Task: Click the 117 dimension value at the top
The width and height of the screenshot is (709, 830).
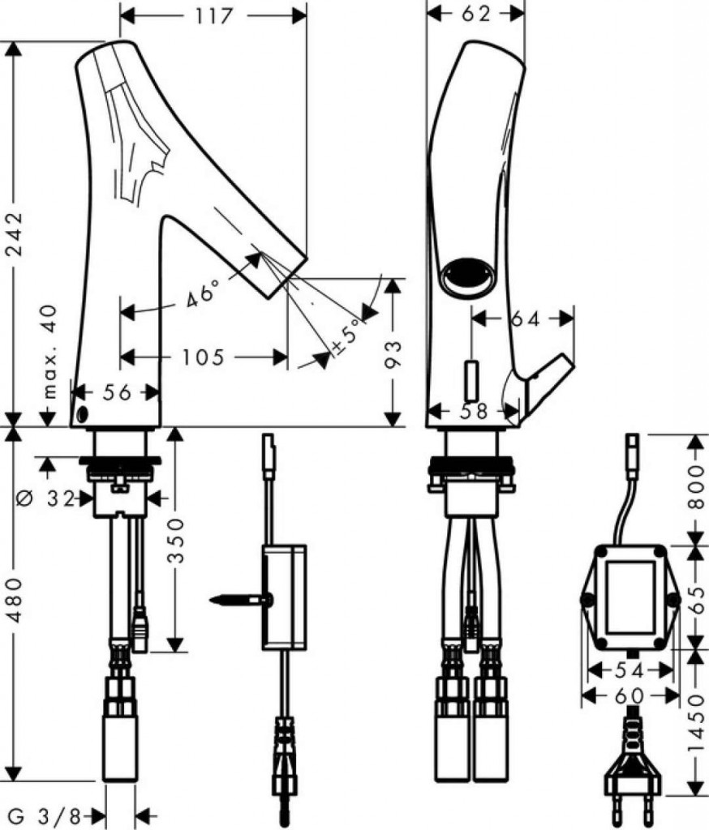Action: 214,16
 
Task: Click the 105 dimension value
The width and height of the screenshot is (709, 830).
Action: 203,357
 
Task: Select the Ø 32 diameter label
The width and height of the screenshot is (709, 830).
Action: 46,498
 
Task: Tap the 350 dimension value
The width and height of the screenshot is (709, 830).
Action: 176,541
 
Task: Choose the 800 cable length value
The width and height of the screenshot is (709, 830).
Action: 698,487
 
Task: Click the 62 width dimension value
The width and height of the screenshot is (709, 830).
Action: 476,15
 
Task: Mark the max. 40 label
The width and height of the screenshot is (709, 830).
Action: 49,351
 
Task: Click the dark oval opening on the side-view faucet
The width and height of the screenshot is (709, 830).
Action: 468,277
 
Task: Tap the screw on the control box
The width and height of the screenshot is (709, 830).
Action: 241,600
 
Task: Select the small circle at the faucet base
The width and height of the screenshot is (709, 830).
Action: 82,414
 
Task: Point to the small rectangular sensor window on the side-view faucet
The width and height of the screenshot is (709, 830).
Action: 471,380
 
